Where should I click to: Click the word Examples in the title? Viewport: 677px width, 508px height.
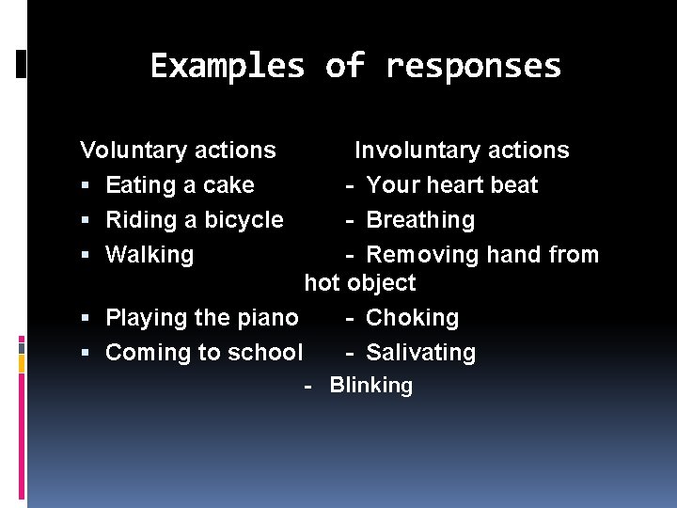[x=228, y=67]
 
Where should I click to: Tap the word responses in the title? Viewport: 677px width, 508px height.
[x=473, y=67]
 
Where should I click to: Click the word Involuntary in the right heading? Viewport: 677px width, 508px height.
[x=412, y=151]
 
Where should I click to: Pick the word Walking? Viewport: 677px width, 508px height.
[x=150, y=255]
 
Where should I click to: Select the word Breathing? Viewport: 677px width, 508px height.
[x=420, y=220]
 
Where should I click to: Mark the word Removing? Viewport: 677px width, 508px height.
[x=422, y=255]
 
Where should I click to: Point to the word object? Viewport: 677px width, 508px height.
[x=381, y=283]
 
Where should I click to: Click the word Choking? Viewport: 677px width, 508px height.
[x=412, y=318]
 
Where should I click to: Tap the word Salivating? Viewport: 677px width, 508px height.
[x=420, y=353]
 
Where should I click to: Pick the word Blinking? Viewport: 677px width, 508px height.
[x=370, y=386]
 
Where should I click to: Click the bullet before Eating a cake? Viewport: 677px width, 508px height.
[x=87, y=186]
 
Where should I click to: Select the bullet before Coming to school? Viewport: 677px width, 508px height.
[x=87, y=354]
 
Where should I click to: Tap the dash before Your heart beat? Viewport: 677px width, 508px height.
[x=349, y=185]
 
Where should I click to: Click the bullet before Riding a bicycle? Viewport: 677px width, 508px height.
[x=87, y=221]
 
